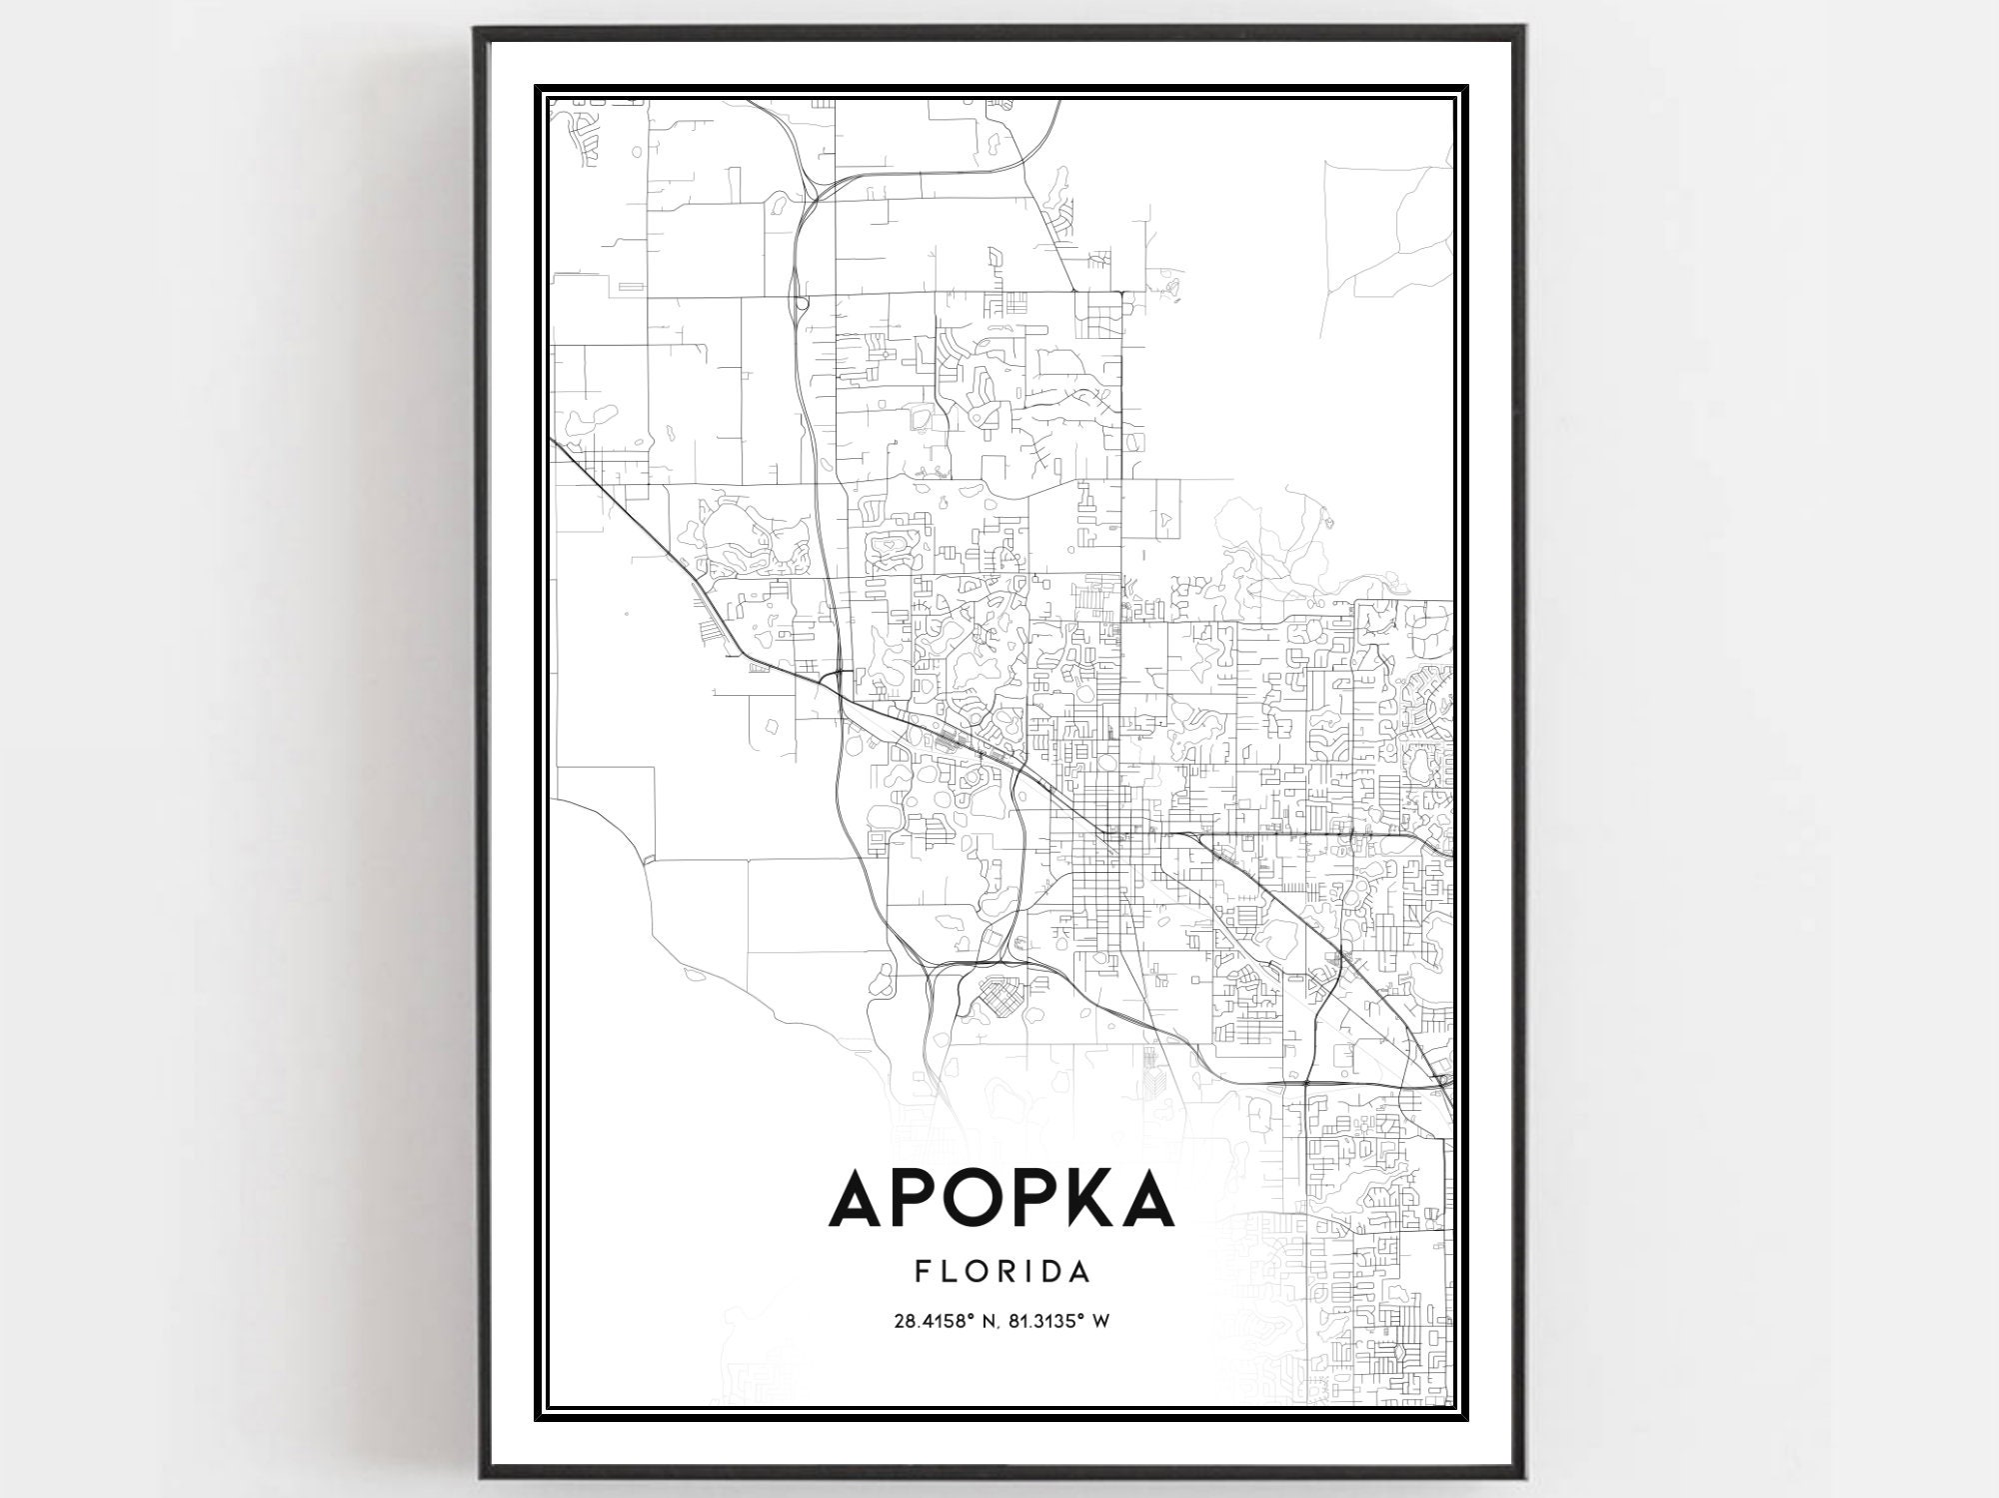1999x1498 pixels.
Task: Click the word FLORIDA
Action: tap(1000, 1272)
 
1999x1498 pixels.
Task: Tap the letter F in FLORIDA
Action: tap(921, 1272)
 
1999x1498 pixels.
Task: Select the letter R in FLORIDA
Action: tap(1003, 1272)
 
